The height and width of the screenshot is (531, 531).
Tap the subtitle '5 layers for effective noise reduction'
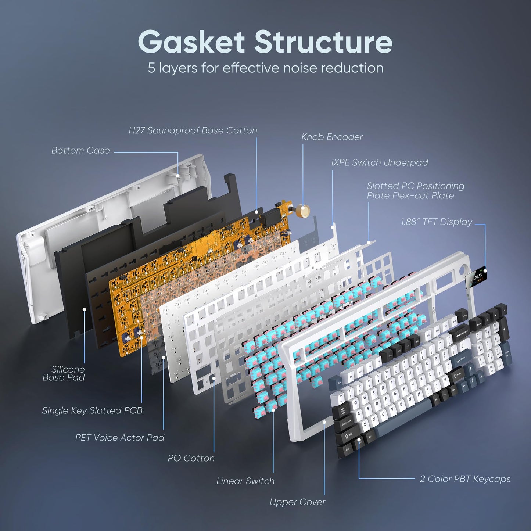(265, 68)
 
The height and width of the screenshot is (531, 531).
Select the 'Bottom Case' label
(80, 150)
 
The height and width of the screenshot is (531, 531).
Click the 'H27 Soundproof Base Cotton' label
(193, 130)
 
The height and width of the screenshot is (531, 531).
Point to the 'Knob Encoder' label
(332, 137)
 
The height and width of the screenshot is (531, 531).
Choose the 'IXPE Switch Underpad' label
(380, 162)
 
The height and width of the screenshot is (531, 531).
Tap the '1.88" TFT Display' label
(436, 222)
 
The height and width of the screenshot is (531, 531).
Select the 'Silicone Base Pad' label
(64, 373)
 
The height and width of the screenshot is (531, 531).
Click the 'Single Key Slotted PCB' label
(92, 410)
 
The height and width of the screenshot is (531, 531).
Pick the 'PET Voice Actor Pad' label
(119, 438)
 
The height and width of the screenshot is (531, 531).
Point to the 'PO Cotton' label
(191, 458)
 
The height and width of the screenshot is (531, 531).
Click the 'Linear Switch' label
(245, 481)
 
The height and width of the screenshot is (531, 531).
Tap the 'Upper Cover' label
(297, 502)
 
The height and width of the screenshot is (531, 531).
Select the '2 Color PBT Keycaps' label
(465, 479)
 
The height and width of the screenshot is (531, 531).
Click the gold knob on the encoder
(303, 211)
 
